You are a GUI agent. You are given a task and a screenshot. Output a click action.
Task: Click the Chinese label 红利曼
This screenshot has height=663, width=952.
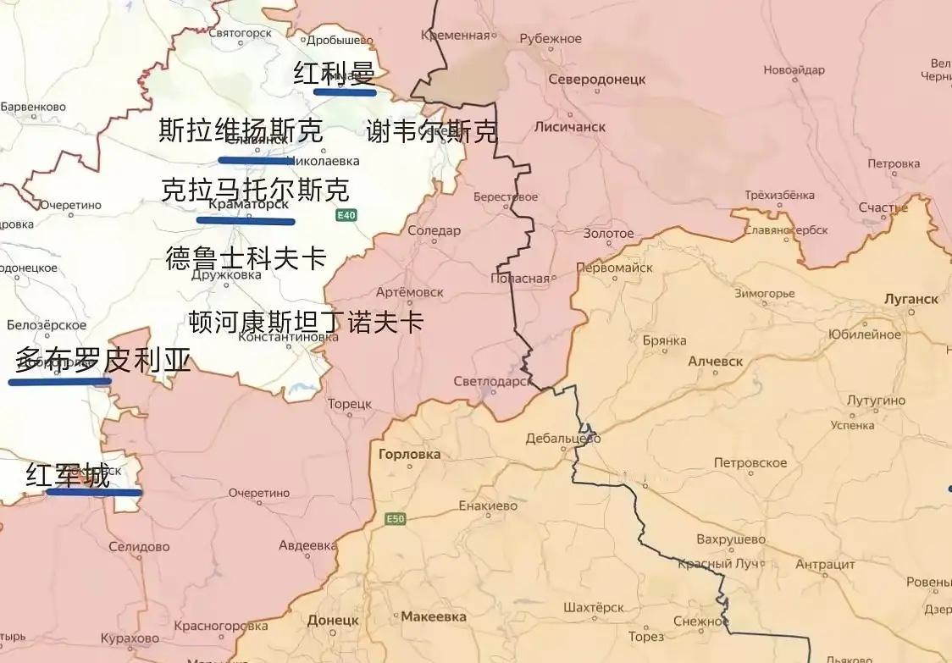(334, 75)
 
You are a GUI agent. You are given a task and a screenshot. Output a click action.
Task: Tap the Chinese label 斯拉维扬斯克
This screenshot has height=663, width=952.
(241, 131)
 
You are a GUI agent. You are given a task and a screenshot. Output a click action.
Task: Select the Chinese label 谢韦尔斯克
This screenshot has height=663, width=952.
(432, 131)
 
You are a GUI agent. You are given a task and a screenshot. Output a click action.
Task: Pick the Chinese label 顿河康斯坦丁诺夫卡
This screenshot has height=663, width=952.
(306, 322)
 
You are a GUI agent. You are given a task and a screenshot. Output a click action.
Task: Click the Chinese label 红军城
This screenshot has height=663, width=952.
(68, 476)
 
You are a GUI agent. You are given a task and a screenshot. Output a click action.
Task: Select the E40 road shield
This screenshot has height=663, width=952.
(346, 216)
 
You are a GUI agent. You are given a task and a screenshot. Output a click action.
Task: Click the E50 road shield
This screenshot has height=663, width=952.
(395, 518)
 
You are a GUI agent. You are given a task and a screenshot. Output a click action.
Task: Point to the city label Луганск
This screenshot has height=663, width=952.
(910, 299)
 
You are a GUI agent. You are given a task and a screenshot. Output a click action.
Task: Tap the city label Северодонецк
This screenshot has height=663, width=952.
(596, 79)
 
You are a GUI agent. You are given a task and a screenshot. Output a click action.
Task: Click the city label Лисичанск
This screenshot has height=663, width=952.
(570, 126)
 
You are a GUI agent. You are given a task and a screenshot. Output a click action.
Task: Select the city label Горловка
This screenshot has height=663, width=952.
(410, 454)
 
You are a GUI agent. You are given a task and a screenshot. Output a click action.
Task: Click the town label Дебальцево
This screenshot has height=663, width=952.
(563, 439)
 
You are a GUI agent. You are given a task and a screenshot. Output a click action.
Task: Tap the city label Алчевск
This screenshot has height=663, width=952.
(716, 361)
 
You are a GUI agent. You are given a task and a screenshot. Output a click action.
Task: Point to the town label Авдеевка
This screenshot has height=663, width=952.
(307, 545)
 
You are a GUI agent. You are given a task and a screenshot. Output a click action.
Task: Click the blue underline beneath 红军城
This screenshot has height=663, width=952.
(94, 491)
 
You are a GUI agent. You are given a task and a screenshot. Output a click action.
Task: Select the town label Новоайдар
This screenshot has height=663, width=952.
(794, 70)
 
